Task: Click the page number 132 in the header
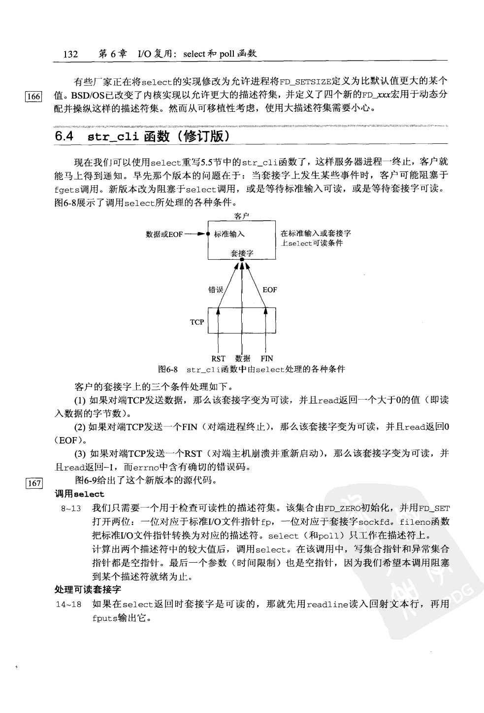pos(71,54)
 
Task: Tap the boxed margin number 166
pos(33,97)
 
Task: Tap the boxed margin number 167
pos(33,483)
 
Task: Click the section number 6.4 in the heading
pos(64,136)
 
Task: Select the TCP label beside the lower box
pos(197,322)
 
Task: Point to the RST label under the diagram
pos(218,359)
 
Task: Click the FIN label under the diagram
pos(266,359)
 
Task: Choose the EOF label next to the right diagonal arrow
pos(269,290)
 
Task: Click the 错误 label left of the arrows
pos(216,290)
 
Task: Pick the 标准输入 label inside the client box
pos(229,234)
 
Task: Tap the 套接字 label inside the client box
pos(242,253)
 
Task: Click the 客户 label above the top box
pos(241,216)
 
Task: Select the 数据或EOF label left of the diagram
pos(164,234)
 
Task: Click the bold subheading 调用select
pos(79,494)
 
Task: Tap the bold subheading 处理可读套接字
pos(88,589)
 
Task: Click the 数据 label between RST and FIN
pos(242,359)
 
